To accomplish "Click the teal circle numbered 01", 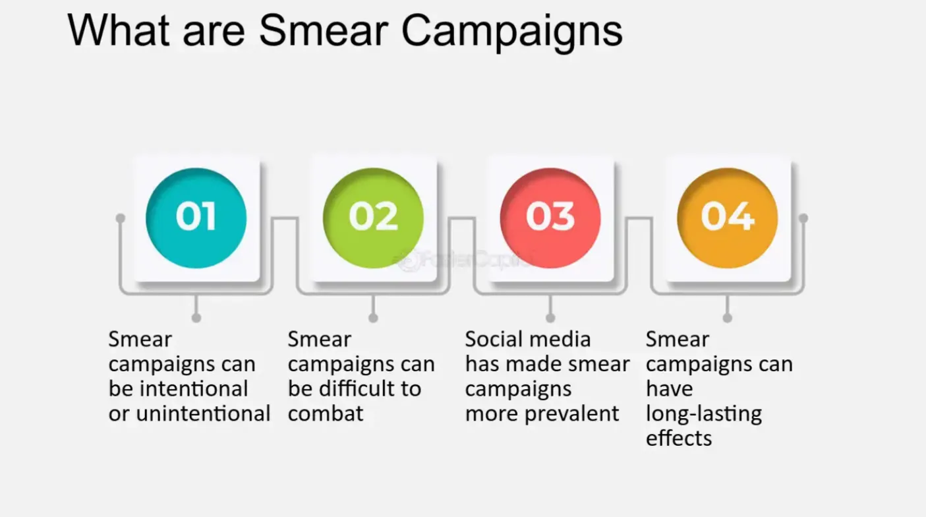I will click(196, 218).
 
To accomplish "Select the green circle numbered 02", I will click(373, 218).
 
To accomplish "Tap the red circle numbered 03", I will click(550, 218).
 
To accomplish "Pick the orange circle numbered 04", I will click(728, 218).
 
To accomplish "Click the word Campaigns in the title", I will click(512, 30).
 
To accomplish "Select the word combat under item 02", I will click(326, 413).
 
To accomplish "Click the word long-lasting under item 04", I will click(703, 414).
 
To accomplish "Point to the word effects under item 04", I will click(679, 439).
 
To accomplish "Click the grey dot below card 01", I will click(196, 318).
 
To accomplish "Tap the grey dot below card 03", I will click(550, 318).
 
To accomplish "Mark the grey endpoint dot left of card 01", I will click(120, 218).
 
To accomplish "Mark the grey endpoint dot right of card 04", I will click(803, 218).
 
